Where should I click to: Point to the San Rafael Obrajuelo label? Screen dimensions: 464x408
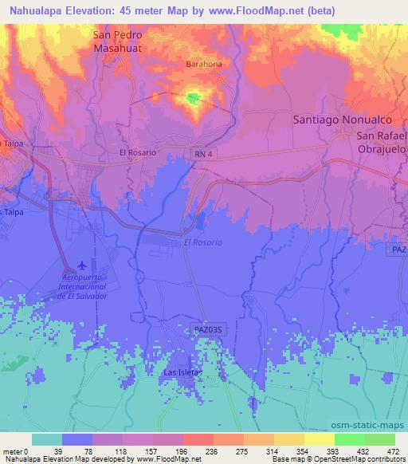click(381, 142)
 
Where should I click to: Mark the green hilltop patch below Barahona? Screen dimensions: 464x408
click(192, 99)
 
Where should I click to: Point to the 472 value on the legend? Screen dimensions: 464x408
click(394, 450)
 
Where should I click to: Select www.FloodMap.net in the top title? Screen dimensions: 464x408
click(254, 10)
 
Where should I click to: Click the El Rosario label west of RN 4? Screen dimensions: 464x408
click(136, 151)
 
